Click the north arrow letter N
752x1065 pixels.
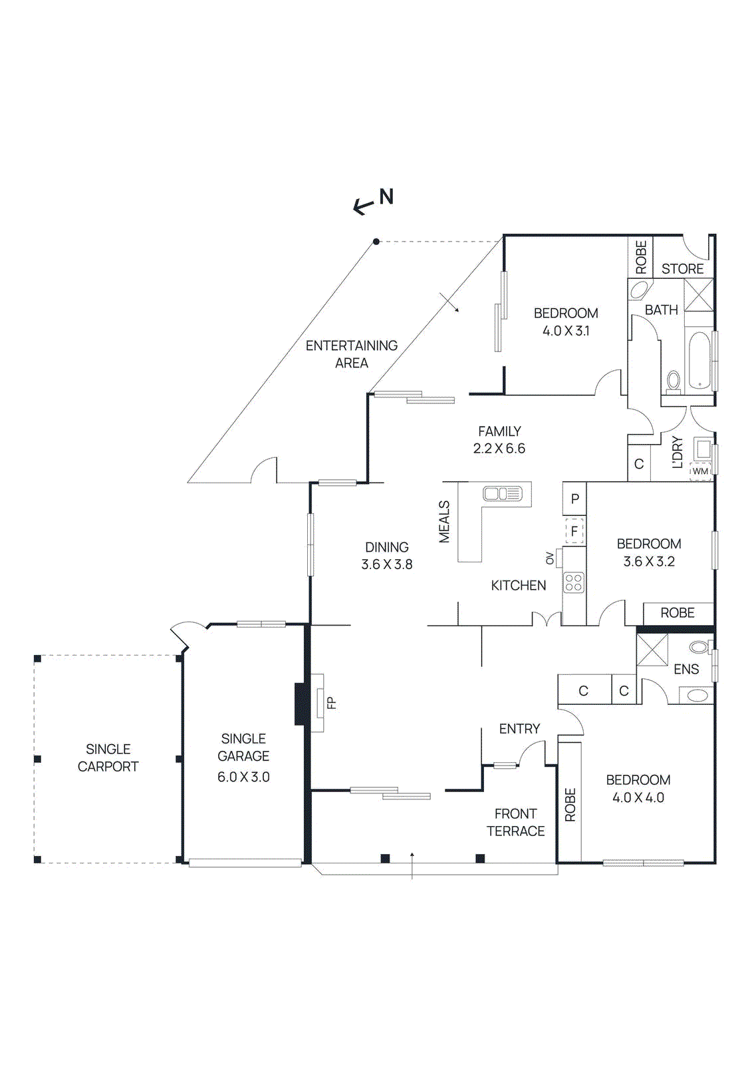coord(386,197)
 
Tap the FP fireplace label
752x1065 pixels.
coord(332,703)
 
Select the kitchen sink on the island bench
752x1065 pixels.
coord(503,494)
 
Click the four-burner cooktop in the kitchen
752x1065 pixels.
coord(574,582)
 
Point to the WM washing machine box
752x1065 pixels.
coord(701,471)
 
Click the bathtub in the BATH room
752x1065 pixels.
coord(699,360)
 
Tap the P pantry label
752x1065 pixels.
coord(574,499)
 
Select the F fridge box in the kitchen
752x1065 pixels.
coord(574,531)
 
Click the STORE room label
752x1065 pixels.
coord(682,269)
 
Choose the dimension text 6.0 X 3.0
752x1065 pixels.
coord(243,777)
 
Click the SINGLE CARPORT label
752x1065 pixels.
coord(108,758)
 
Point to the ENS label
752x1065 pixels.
coord(686,670)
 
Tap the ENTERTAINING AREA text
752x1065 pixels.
coord(351,354)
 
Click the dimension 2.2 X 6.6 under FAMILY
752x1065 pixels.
coord(499,449)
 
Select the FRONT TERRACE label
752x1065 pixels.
coord(515,823)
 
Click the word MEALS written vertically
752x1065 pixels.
coord(444,522)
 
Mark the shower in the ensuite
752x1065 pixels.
coord(652,650)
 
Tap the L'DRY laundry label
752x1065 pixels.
coord(678,453)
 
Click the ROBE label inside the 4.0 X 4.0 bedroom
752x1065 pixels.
coord(570,805)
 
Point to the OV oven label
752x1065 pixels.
coord(550,558)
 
